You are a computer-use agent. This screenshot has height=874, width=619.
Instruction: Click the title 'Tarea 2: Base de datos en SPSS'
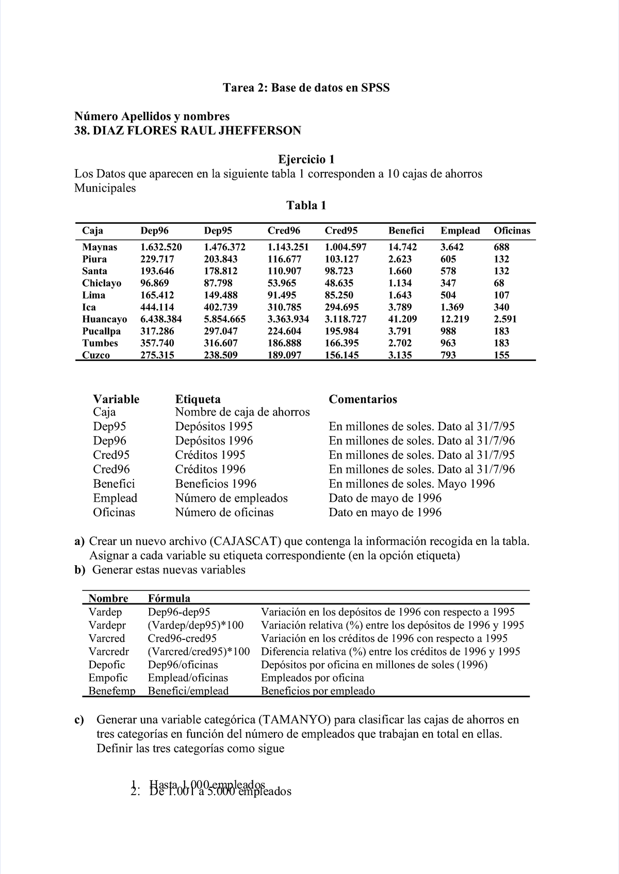click(306, 88)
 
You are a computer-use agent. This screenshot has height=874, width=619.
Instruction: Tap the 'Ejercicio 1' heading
click(306, 159)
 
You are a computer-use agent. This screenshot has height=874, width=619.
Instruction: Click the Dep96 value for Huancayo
click(160, 319)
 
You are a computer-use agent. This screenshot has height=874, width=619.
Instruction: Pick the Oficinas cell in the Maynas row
click(501, 247)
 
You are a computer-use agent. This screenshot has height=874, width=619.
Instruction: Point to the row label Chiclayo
click(102, 283)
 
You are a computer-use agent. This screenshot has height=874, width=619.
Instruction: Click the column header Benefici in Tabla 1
click(406, 230)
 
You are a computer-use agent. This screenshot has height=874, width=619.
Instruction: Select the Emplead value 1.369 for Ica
click(452, 307)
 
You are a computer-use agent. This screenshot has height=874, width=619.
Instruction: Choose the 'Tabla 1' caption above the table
click(306, 206)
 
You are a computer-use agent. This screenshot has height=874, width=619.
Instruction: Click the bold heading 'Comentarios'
click(363, 399)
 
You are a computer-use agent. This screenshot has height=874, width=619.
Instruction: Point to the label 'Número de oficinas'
click(224, 512)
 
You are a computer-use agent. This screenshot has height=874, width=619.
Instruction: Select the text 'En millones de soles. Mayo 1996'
click(411, 484)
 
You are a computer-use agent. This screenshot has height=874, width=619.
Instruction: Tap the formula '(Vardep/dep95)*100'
click(196, 625)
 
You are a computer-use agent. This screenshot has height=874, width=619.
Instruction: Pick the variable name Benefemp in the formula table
click(111, 691)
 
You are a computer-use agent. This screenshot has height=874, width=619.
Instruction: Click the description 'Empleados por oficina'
click(312, 678)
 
